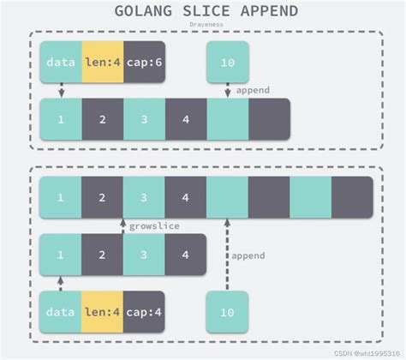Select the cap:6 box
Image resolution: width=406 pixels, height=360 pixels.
click(x=144, y=62)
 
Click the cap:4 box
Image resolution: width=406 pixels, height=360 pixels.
click(x=144, y=312)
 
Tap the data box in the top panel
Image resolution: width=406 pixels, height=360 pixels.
click(x=61, y=62)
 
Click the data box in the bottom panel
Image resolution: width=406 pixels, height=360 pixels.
click(x=61, y=312)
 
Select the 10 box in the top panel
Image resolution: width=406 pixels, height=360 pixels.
click(x=228, y=62)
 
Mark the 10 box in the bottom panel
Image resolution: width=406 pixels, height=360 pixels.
click(x=228, y=312)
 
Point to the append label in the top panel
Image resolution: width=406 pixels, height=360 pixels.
click(x=253, y=89)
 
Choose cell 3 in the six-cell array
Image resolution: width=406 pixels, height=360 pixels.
click(x=144, y=119)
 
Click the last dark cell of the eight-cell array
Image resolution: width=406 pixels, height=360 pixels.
click(x=352, y=197)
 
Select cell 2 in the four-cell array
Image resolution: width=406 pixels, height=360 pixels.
click(x=102, y=255)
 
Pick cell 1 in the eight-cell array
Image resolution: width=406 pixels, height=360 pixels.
click(x=61, y=197)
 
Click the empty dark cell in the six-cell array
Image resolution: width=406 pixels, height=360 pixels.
click(x=269, y=119)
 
